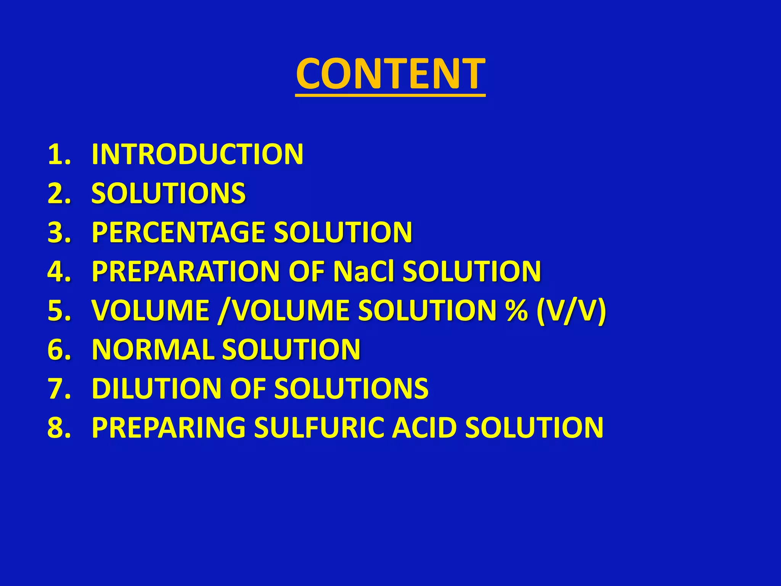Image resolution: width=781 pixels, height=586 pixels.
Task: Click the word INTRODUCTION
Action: point(197,155)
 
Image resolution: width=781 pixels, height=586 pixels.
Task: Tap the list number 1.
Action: point(59,155)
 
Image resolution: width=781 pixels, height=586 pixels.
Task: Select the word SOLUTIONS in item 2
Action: point(168,193)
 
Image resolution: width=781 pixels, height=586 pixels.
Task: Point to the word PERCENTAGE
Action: point(178,232)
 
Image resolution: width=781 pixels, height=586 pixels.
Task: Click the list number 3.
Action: point(59,232)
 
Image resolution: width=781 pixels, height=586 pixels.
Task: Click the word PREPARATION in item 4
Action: point(186,271)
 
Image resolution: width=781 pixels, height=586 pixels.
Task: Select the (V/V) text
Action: point(571,311)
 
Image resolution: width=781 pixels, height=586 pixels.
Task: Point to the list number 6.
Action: point(59,349)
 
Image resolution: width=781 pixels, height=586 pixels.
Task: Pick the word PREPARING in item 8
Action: point(169,428)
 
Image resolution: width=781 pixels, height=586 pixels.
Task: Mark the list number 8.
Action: point(59,428)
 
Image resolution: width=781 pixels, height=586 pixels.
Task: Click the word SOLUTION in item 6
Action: point(291,349)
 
